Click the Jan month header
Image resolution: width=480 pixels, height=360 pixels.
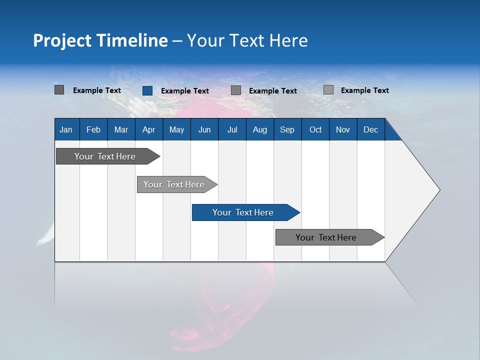pyautogui.click(x=66, y=129)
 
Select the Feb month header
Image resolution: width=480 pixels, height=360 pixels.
pyautogui.click(x=93, y=129)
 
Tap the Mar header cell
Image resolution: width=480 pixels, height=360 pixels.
pyautogui.click(x=121, y=129)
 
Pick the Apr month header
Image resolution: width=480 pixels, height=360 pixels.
pyautogui.click(x=149, y=129)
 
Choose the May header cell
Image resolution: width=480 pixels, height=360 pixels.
pyautogui.click(x=176, y=129)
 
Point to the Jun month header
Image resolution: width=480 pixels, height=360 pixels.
pyautogui.click(x=204, y=129)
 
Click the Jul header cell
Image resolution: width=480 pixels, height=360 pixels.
pyautogui.click(x=232, y=129)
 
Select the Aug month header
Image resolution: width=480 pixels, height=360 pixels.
pyautogui.click(x=260, y=129)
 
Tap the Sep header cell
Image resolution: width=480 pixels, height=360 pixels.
pyautogui.click(x=287, y=129)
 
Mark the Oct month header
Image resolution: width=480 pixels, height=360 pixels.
pyautogui.click(x=315, y=129)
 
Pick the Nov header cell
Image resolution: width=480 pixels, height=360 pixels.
pyautogui.click(x=343, y=129)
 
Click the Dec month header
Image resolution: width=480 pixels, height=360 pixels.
pyautogui.click(x=371, y=129)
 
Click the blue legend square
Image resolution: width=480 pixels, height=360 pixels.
pyautogui.click(x=147, y=90)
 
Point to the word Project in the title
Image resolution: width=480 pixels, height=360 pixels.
pyautogui.click(x=62, y=40)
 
